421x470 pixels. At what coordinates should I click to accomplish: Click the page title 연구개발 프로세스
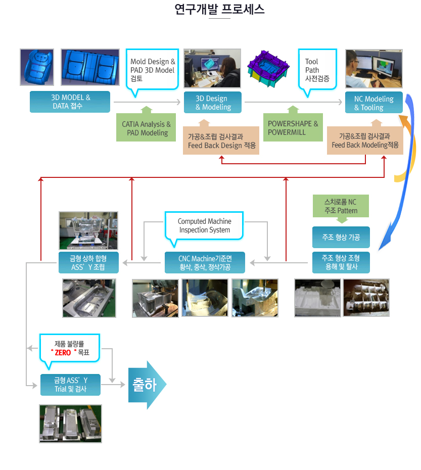pyautogui.click(x=219, y=9)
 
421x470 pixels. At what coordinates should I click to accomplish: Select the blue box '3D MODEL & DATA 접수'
pyautogui.click(x=70, y=102)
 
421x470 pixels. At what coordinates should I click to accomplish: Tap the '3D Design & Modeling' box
pyautogui.click(x=213, y=103)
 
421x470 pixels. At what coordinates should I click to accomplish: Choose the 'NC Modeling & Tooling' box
pyautogui.click(x=373, y=103)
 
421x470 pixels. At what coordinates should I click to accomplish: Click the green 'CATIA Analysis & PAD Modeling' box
pyautogui.click(x=146, y=127)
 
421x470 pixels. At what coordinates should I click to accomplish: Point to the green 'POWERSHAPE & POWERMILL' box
pyautogui.click(x=293, y=127)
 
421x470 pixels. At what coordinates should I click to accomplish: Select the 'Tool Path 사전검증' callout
pyautogui.click(x=317, y=70)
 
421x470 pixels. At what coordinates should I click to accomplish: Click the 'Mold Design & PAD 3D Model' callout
pyautogui.click(x=152, y=70)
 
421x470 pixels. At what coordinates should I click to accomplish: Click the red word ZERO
pyautogui.click(x=63, y=353)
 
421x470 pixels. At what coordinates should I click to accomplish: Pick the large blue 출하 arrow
pyautogui.click(x=147, y=385)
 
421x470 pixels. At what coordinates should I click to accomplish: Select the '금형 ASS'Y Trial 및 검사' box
pyautogui.click(x=70, y=385)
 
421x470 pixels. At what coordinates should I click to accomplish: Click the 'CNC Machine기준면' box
pyautogui.click(x=205, y=263)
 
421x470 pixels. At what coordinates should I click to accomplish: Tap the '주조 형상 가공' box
pyautogui.click(x=341, y=237)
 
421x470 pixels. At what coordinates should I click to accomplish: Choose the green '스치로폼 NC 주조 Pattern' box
pyautogui.click(x=341, y=206)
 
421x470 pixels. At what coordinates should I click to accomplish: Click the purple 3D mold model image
pyautogui.click(x=268, y=69)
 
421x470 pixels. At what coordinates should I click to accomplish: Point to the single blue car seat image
pyautogui.click(x=37, y=67)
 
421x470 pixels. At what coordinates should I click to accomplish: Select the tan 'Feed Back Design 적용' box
pyautogui.click(x=221, y=140)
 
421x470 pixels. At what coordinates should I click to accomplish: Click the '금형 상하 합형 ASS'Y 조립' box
pyautogui.click(x=88, y=263)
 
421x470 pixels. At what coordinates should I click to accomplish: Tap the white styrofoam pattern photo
pyautogui.click(x=317, y=298)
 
